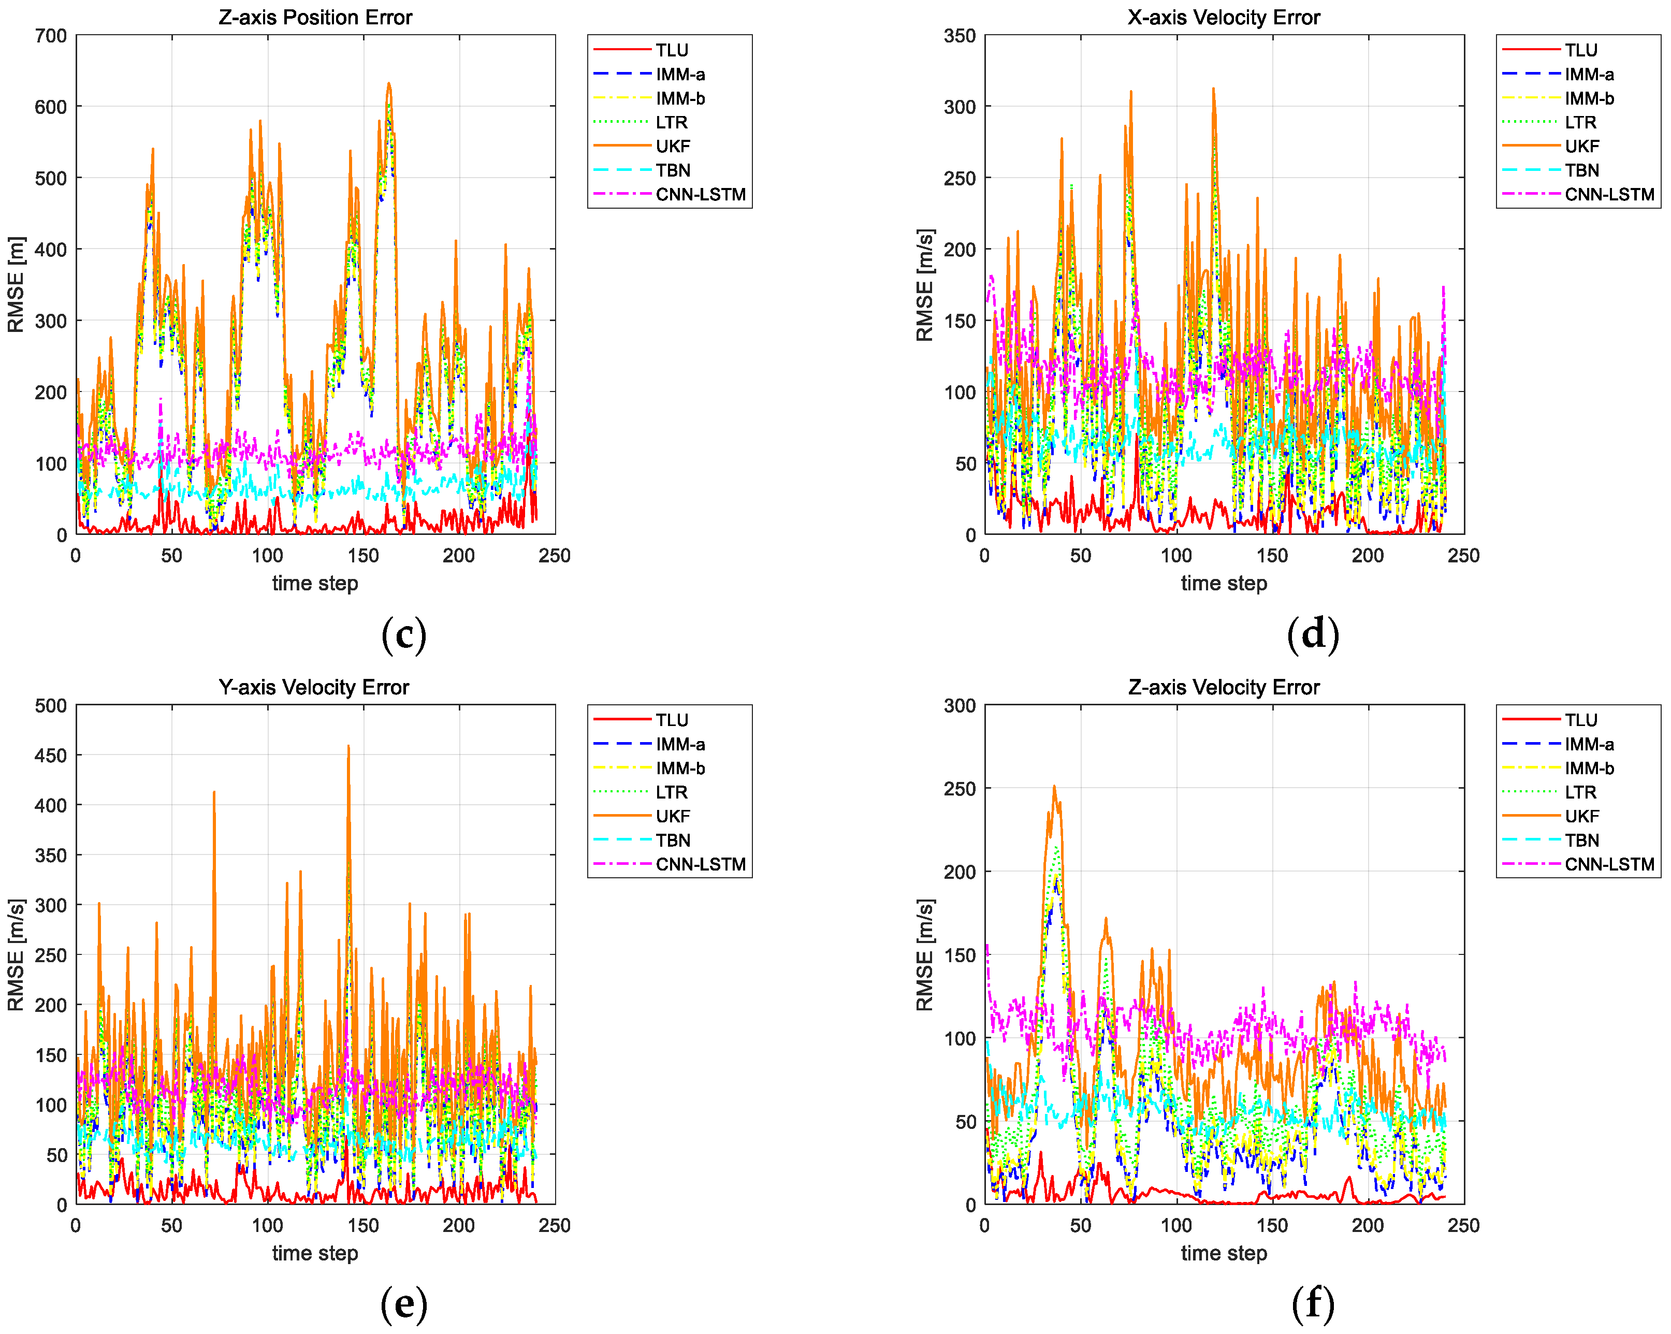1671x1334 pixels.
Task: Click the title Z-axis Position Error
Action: click(x=315, y=17)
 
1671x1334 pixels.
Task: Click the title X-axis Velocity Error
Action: click(x=1223, y=17)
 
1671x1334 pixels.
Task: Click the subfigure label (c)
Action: click(x=404, y=635)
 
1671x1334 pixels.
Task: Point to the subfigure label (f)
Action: click(x=1313, y=1304)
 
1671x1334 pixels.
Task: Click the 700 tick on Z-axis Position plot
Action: click(x=51, y=36)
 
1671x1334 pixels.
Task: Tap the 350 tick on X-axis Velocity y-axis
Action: click(x=960, y=36)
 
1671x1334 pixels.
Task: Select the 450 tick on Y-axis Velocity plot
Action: click(x=51, y=756)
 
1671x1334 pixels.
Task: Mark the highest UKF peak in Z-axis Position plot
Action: click(x=389, y=84)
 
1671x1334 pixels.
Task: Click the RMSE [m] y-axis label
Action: click(x=16, y=284)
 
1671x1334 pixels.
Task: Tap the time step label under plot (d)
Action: click(x=1224, y=584)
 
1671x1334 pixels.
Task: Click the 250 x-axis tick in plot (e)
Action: click(x=555, y=1225)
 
